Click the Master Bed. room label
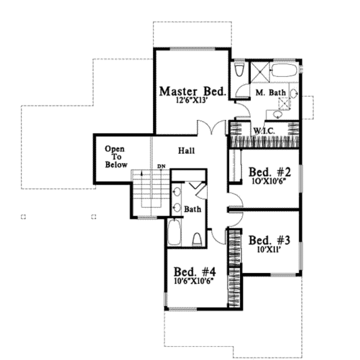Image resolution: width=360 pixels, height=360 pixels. (192, 91)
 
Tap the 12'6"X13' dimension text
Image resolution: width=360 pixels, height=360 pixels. (192, 100)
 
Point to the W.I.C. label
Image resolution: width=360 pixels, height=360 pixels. (264, 131)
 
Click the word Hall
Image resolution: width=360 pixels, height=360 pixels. (186, 151)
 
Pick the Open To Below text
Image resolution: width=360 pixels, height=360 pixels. (116, 157)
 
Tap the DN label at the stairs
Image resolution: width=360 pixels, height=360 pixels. (161, 166)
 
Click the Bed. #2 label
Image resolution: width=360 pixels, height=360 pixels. (270, 172)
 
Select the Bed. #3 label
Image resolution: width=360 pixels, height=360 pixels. (269, 241)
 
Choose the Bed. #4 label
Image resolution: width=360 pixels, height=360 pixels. (195, 272)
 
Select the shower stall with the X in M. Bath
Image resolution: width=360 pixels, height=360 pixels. (260, 72)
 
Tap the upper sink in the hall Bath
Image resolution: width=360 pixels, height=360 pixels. (177, 192)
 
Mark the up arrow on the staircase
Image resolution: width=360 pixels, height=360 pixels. (142, 173)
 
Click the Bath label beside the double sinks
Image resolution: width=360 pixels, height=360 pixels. (193, 209)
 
